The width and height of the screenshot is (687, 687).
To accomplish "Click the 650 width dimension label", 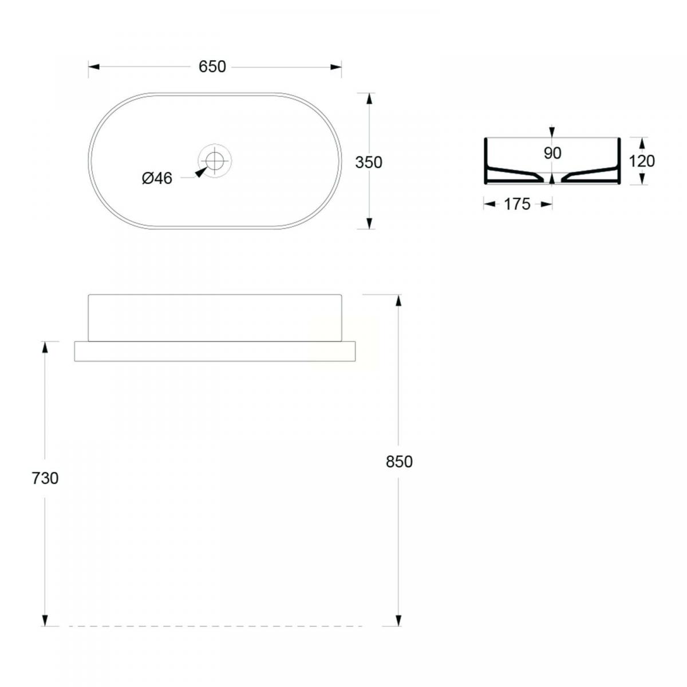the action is click(x=212, y=66).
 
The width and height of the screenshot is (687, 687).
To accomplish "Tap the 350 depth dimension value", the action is click(x=369, y=162).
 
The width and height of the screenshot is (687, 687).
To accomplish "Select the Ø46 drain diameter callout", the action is click(x=157, y=178).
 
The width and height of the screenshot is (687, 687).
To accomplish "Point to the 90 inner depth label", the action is click(x=552, y=153).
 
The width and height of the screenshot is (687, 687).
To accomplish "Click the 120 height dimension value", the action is click(x=642, y=161).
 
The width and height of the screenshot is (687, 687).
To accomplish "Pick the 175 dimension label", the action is click(x=518, y=204).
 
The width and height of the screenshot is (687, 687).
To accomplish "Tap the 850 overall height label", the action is click(x=399, y=461).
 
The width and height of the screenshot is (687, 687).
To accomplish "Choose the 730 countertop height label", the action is click(x=45, y=479).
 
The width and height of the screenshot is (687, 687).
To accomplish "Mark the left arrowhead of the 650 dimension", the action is click(x=94, y=66).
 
